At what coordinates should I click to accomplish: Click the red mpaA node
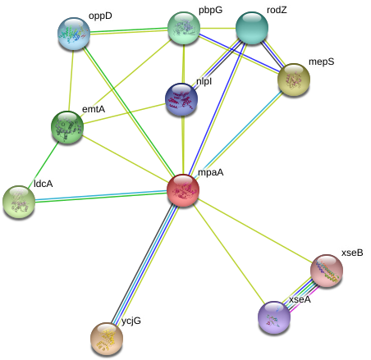(183, 190)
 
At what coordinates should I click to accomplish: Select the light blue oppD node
(74, 34)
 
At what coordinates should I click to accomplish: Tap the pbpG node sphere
(184, 28)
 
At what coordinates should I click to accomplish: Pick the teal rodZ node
(252, 28)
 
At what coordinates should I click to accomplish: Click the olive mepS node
(294, 80)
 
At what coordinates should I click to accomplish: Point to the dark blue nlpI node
(181, 99)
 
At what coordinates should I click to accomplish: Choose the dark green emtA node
(67, 127)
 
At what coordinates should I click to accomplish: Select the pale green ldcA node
(19, 202)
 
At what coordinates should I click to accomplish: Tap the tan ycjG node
(107, 339)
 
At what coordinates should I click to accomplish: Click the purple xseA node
(274, 317)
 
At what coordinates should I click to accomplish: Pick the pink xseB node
(327, 271)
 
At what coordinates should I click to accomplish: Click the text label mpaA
(211, 173)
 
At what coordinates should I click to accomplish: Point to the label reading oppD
(100, 16)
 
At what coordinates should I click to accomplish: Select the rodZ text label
(277, 10)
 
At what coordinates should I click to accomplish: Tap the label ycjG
(131, 321)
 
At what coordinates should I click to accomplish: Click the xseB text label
(352, 253)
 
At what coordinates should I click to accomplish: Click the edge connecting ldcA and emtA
(44, 164)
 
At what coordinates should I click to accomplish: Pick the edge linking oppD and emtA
(71, 80)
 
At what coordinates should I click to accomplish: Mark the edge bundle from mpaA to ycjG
(144, 265)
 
